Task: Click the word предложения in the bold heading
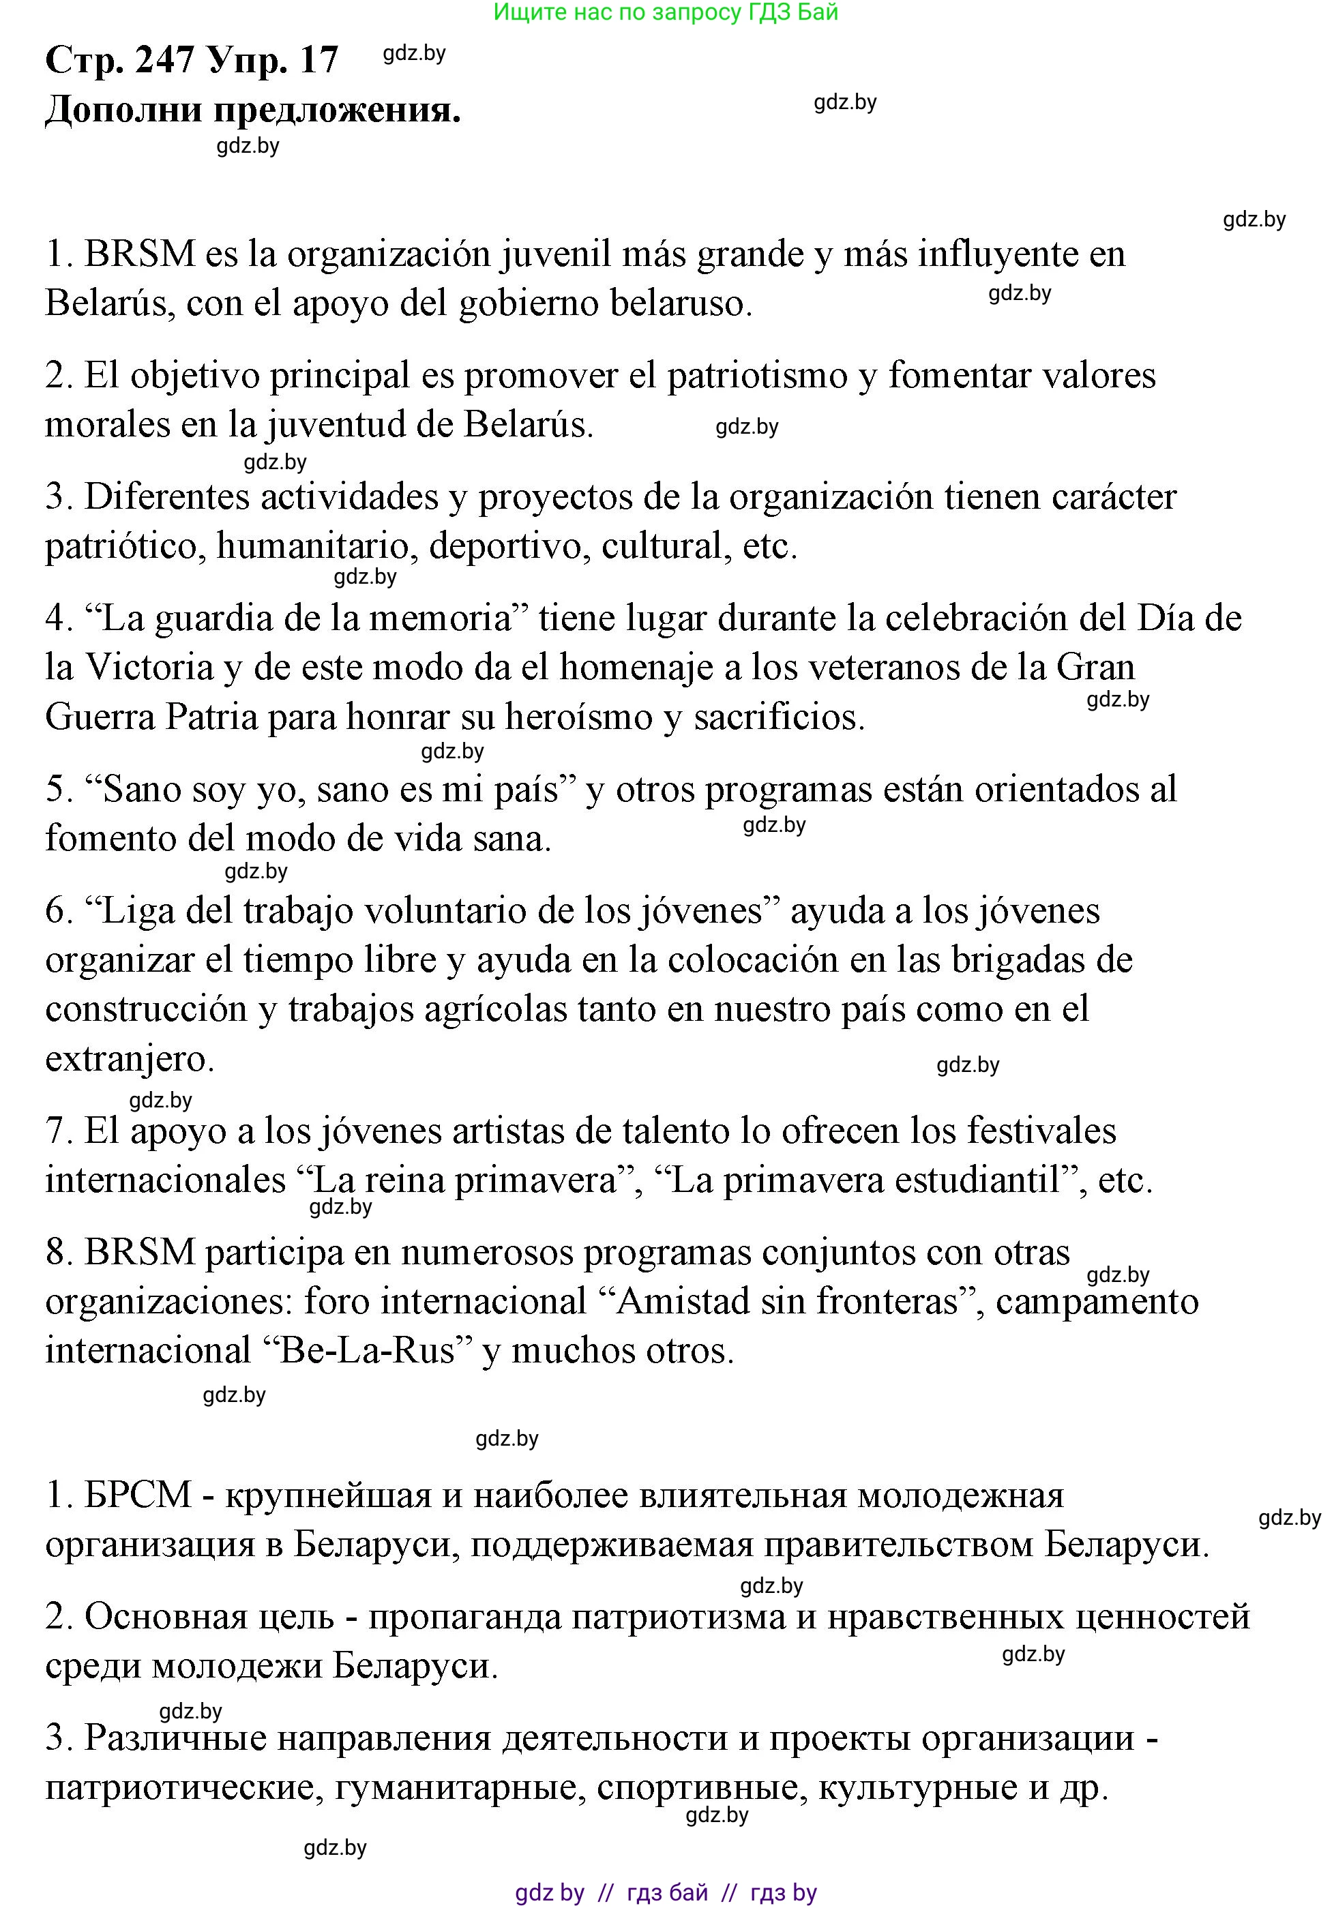point(337,110)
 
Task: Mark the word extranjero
point(129,1059)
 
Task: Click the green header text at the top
point(666,12)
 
